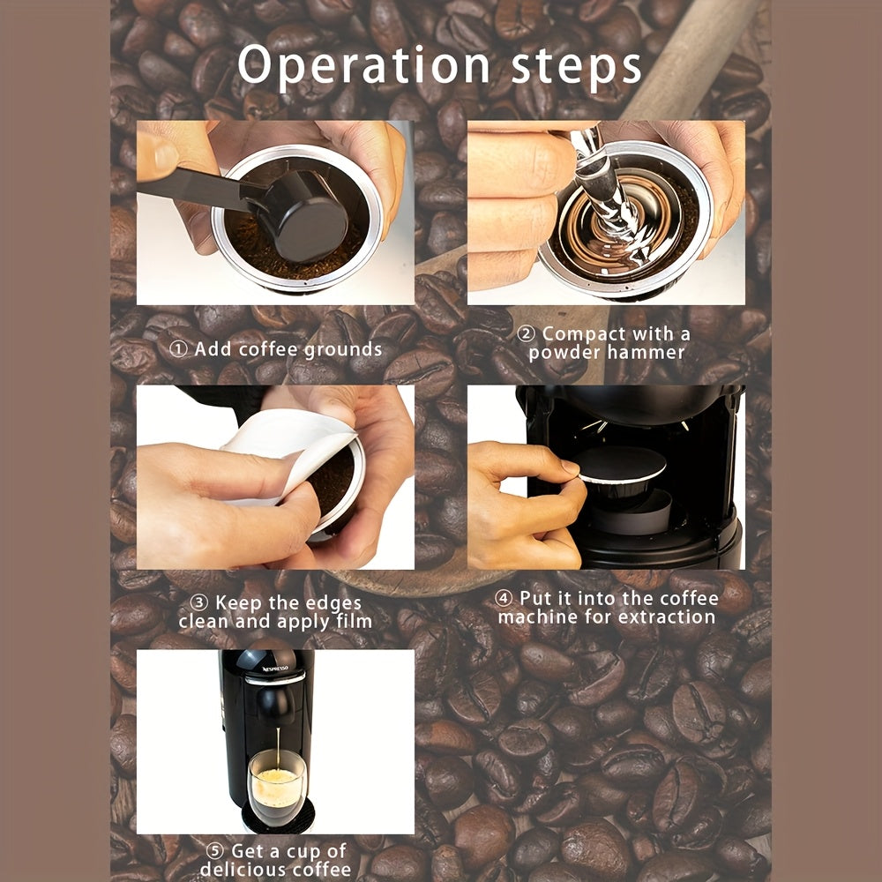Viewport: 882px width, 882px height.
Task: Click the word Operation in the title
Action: point(364,65)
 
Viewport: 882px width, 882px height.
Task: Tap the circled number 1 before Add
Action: point(178,349)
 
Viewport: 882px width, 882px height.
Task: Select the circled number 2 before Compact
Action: point(526,334)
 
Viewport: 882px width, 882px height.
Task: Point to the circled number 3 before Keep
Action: point(199,603)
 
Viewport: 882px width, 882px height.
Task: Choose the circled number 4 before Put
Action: point(504,598)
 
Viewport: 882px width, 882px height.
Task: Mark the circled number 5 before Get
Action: point(215,850)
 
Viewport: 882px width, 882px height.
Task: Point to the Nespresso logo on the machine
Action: point(275,669)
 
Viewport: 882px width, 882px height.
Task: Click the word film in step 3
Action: point(355,621)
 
